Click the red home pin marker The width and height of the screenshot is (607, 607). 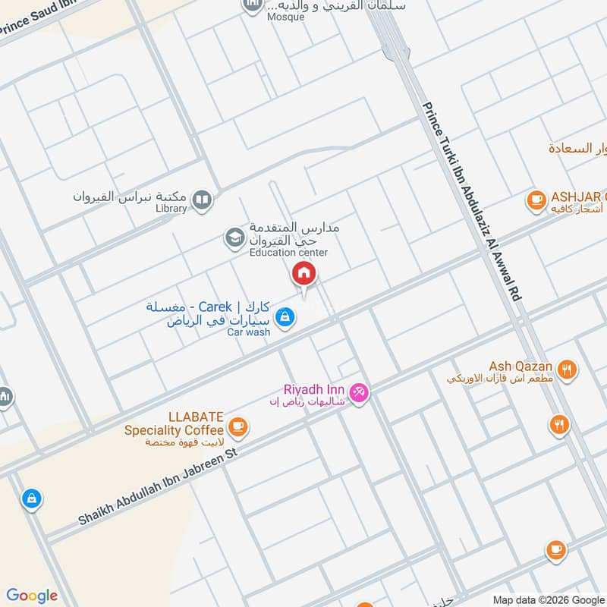pyautogui.click(x=304, y=274)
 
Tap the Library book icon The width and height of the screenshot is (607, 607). pyautogui.click(x=202, y=200)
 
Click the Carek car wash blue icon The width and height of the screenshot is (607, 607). pyautogui.click(x=285, y=317)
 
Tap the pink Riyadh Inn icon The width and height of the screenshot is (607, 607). pyautogui.click(x=360, y=392)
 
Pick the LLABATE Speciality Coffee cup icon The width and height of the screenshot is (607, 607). pyautogui.click(x=238, y=427)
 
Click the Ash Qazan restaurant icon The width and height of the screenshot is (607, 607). pyautogui.click(x=566, y=370)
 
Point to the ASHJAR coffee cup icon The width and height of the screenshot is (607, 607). pyautogui.click(x=536, y=200)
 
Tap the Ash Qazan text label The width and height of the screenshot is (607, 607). pyautogui.click(x=521, y=366)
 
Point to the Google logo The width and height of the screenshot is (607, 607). pyautogui.click(x=32, y=596)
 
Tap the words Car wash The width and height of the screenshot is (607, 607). pyautogui.click(x=249, y=332)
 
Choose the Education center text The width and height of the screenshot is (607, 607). pyautogui.click(x=288, y=253)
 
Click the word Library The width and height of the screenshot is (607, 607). pyautogui.click(x=171, y=209)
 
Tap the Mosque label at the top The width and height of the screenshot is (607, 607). pyautogui.click(x=285, y=17)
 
